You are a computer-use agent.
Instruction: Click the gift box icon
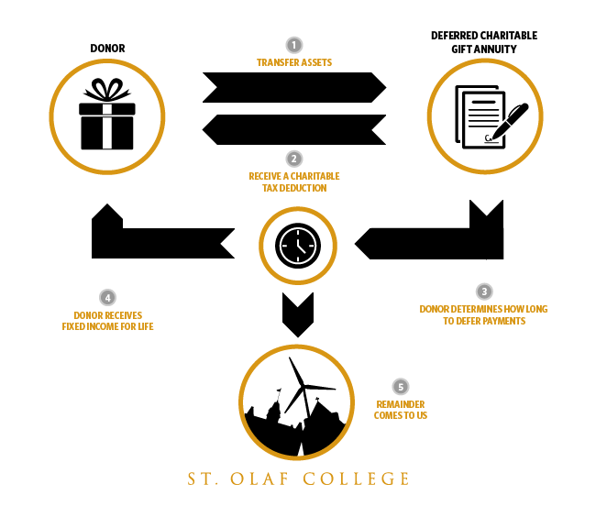coord(107,114)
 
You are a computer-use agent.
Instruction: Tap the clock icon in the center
coord(298,246)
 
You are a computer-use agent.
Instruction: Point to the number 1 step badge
coord(293,45)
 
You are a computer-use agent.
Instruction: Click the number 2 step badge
coord(293,159)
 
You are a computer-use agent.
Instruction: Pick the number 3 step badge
coord(484,291)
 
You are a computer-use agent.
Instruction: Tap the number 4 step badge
coord(107,298)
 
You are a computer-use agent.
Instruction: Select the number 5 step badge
coord(401,387)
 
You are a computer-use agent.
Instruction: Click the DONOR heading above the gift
coord(107,49)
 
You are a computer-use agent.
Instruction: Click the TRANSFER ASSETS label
coord(294,62)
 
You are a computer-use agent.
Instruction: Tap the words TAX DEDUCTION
coord(294,188)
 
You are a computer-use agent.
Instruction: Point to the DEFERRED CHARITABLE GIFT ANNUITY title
coord(484,42)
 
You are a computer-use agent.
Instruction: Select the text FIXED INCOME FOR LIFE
coord(107,326)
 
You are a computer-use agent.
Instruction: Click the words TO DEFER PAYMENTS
coord(484,321)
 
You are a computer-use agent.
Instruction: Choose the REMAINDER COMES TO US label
coord(401,410)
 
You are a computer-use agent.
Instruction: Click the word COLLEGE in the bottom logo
coord(356,478)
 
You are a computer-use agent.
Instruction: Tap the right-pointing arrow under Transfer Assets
coord(294,87)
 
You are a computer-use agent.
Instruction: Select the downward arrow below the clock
coord(298,314)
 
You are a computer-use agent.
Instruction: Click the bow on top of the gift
coord(107,90)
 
